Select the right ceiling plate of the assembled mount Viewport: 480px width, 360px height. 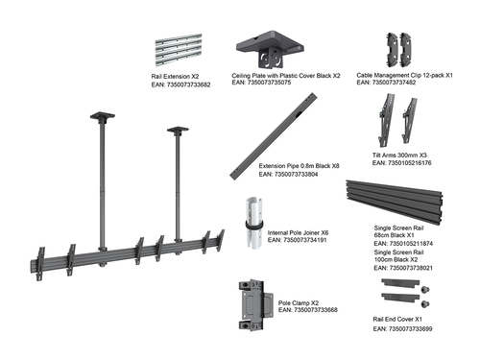click(178, 129)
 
